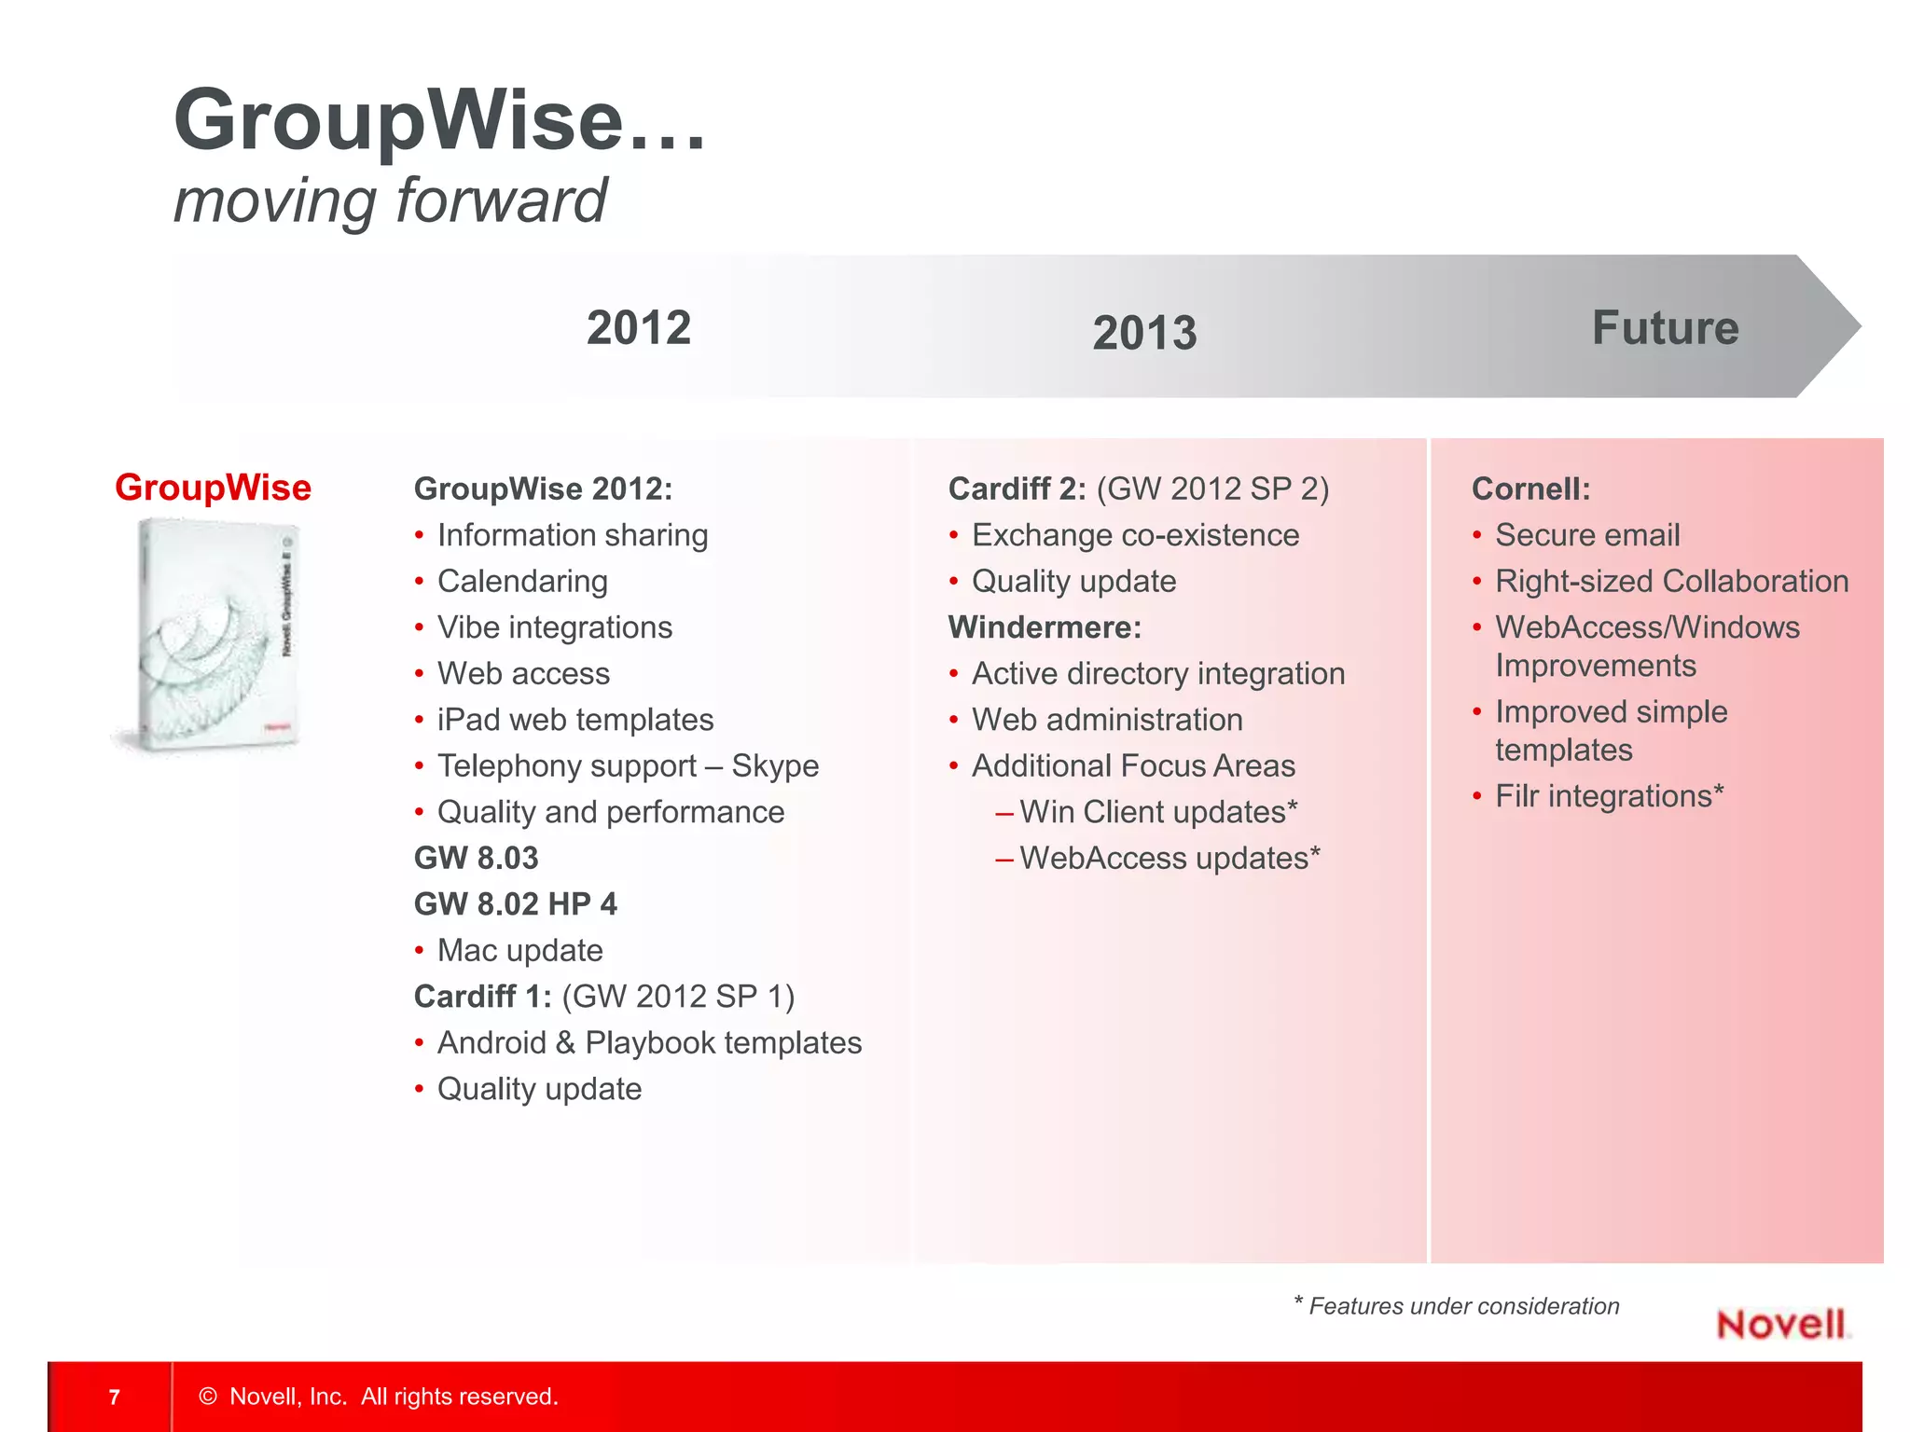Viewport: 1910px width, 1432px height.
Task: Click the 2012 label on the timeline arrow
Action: pos(639,328)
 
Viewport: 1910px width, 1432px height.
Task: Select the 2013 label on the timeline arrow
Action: pos(1144,333)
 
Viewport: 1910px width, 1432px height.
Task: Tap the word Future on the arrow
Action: pos(1665,328)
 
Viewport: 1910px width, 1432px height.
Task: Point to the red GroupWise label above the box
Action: pos(213,488)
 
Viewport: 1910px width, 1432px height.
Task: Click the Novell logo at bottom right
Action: pos(1781,1324)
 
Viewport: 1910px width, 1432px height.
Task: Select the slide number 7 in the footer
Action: pos(114,1397)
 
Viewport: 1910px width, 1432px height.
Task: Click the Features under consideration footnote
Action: pos(1457,1306)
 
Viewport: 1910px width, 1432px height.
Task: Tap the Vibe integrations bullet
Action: pos(554,627)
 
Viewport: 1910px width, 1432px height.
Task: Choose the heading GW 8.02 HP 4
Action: pos(515,904)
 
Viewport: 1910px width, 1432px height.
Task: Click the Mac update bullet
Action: pos(519,950)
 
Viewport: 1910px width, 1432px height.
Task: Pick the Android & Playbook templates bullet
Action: pos(649,1042)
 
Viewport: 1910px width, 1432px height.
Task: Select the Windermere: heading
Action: pos(1045,627)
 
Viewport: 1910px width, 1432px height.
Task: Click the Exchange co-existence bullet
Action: pos(1135,535)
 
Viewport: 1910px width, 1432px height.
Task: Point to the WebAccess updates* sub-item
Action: pos(1170,858)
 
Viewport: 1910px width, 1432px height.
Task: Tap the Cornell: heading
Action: pos(1530,489)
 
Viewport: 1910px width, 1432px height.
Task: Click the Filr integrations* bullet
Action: pos(1609,796)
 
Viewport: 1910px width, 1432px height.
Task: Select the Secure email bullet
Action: pos(1587,535)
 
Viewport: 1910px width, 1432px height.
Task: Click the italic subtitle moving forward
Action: pos(390,200)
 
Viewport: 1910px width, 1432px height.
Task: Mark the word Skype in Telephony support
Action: pos(775,765)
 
